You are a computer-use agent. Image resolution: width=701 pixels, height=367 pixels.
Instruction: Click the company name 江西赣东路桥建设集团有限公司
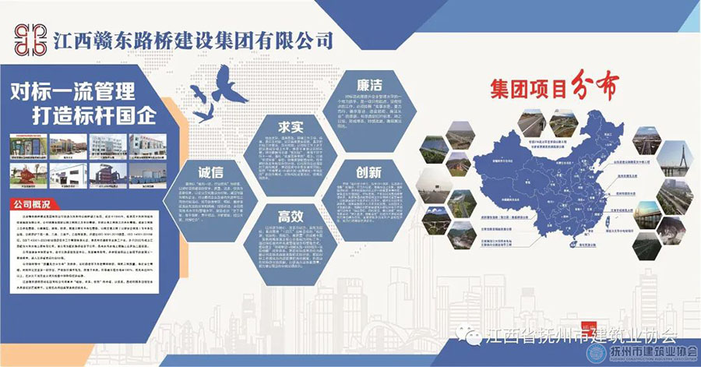click(x=196, y=39)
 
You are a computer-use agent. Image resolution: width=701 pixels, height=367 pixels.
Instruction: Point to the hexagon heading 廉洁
click(x=369, y=84)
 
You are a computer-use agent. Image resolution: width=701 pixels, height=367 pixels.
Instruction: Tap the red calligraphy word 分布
click(x=599, y=88)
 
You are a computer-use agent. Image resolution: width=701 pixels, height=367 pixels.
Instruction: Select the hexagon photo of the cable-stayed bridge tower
click(x=675, y=158)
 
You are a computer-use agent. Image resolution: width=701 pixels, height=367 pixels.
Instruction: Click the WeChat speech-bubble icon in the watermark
click(x=474, y=336)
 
